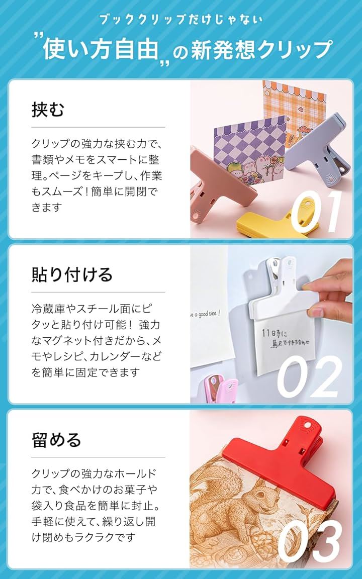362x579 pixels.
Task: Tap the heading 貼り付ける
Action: pos(72,274)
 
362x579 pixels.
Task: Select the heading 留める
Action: pos(56,439)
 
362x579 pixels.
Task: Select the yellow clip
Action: pos(278,222)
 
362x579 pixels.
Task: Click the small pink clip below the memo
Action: pos(221,390)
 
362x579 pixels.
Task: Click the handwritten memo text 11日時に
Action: pos(274,333)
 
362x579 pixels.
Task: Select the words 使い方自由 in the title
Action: pos(101,49)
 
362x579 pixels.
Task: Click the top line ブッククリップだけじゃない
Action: pos(180,20)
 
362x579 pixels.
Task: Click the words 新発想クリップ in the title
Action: pos(261,49)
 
